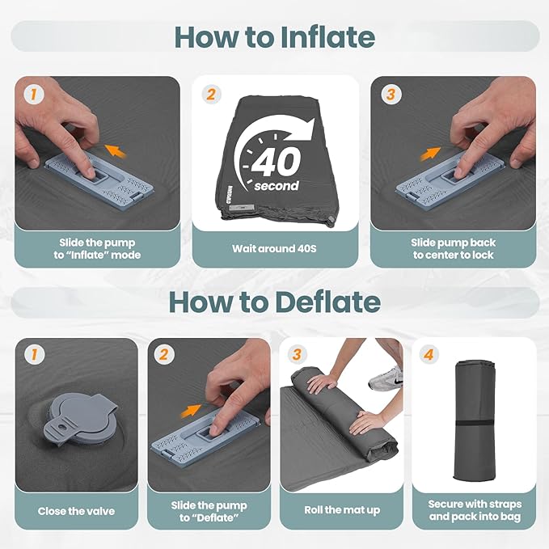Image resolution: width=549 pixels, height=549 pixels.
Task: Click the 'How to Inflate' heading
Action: [x=275, y=36]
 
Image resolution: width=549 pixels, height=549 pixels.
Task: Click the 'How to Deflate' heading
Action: [x=275, y=302]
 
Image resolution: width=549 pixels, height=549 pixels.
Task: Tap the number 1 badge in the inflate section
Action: [x=34, y=94]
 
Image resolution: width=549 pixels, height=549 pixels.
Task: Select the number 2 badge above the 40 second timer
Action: [x=211, y=94]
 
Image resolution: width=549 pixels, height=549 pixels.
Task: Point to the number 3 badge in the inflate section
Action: [x=391, y=94]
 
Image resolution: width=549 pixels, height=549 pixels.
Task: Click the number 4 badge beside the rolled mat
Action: [x=429, y=354]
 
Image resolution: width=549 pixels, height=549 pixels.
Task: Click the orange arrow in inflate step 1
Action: [x=116, y=150]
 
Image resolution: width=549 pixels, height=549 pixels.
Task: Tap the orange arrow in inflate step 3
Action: [x=430, y=154]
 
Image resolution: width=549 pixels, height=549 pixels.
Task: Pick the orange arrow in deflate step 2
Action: [x=191, y=411]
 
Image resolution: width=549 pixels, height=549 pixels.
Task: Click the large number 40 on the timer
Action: [x=277, y=162]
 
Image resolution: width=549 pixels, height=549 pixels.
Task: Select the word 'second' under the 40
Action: [x=277, y=185]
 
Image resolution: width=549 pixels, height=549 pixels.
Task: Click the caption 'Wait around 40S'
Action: [x=274, y=248]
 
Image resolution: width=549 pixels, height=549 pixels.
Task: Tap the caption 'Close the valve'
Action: [x=76, y=511]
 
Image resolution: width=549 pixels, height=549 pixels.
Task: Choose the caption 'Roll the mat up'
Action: [x=342, y=510]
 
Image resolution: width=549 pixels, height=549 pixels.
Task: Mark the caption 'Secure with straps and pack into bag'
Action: [x=475, y=510]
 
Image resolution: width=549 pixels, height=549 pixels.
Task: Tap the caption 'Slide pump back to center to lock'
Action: [x=453, y=248]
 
